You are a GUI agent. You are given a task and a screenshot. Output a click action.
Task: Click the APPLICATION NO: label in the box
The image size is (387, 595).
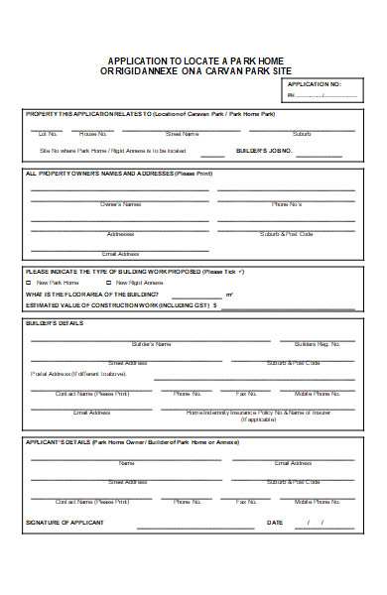[x=314, y=85]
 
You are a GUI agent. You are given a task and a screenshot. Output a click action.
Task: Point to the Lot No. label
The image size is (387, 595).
[x=46, y=133]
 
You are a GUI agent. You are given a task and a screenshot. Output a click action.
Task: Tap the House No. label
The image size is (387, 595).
[x=93, y=133]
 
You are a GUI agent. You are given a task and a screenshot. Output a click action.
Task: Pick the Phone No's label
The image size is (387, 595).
[x=286, y=204]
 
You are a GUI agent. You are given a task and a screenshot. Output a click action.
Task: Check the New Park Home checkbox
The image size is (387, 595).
[x=28, y=283]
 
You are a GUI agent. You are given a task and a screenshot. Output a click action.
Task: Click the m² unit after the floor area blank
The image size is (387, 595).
[x=229, y=295]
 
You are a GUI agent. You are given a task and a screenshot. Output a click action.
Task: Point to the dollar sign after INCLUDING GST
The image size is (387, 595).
[x=213, y=306]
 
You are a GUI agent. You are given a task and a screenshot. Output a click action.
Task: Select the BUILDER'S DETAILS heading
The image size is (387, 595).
[x=55, y=323]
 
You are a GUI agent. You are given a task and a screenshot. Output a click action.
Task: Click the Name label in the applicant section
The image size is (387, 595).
[x=127, y=462]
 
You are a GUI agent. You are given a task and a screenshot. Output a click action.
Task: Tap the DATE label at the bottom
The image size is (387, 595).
[x=275, y=522]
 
